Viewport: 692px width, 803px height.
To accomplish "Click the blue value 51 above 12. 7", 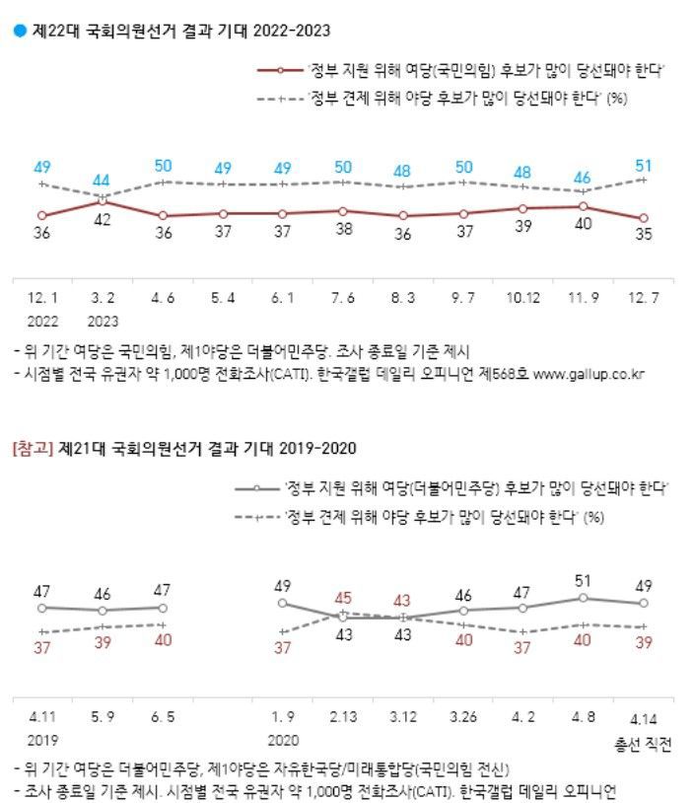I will (x=643, y=165).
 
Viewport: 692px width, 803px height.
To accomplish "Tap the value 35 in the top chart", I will (x=643, y=236).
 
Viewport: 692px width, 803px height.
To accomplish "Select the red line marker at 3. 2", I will (x=102, y=200).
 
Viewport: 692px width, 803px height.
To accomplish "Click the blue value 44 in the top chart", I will (x=102, y=182).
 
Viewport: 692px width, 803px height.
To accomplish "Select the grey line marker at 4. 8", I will (x=584, y=598).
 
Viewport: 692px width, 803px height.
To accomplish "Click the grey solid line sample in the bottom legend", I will (x=258, y=487).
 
